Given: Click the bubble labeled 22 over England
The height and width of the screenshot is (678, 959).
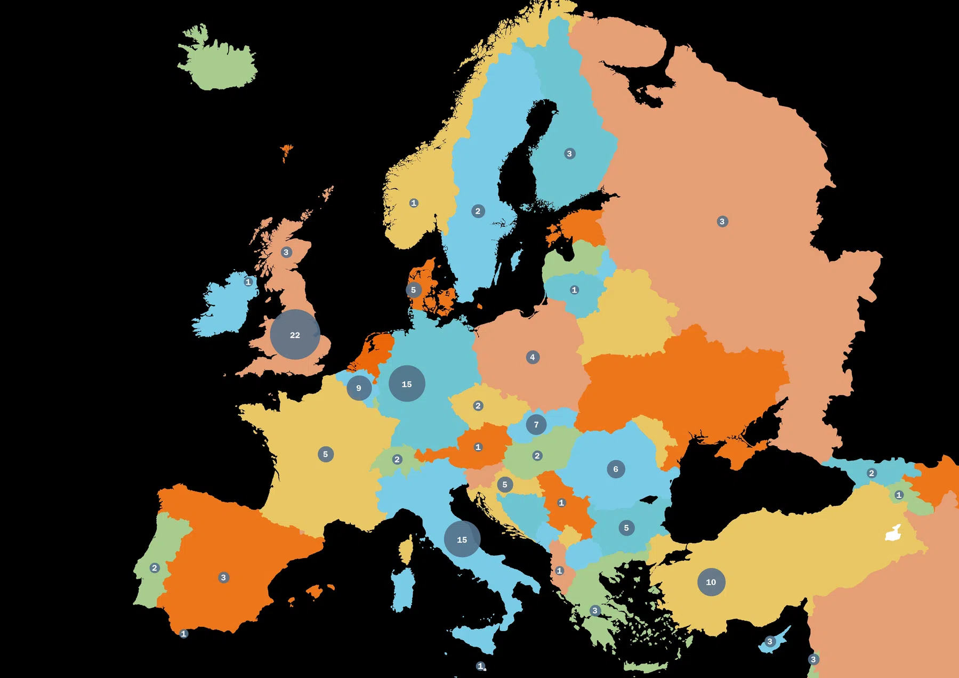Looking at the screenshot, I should click(295, 335).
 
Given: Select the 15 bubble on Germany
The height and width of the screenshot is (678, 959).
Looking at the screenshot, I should click(407, 384).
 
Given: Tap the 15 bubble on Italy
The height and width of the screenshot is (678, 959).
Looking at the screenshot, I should click(462, 539).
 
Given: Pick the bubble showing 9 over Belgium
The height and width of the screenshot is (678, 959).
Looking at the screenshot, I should click(359, 388).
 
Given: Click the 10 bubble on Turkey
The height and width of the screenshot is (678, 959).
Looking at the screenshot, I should click(711, 582).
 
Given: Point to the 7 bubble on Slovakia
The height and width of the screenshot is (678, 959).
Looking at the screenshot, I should click(536, 425).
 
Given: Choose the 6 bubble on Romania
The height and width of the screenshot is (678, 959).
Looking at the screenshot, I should click(616, 469).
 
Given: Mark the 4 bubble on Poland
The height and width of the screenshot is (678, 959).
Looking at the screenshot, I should click(533, 357).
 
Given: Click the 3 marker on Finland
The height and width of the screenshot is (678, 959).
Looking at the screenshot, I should click(569, 154).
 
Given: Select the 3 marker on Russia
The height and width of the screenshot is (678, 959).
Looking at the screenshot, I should click(722, 221).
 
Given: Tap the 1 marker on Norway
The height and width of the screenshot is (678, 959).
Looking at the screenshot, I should click(414, 203).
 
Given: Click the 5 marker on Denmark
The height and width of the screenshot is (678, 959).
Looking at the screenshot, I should click(413, 290).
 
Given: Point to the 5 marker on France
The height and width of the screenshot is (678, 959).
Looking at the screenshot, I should click(326, 454).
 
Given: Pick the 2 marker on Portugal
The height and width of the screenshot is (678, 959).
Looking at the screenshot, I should click(155, 568).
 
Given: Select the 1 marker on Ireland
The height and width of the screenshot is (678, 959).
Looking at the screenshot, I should click(248, 281).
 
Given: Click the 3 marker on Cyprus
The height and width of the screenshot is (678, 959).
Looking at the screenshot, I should click(769, 641).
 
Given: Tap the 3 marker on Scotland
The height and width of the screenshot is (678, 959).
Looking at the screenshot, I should click(286, 252).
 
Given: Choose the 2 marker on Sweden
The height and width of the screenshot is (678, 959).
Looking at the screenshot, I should click(478, 211).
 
